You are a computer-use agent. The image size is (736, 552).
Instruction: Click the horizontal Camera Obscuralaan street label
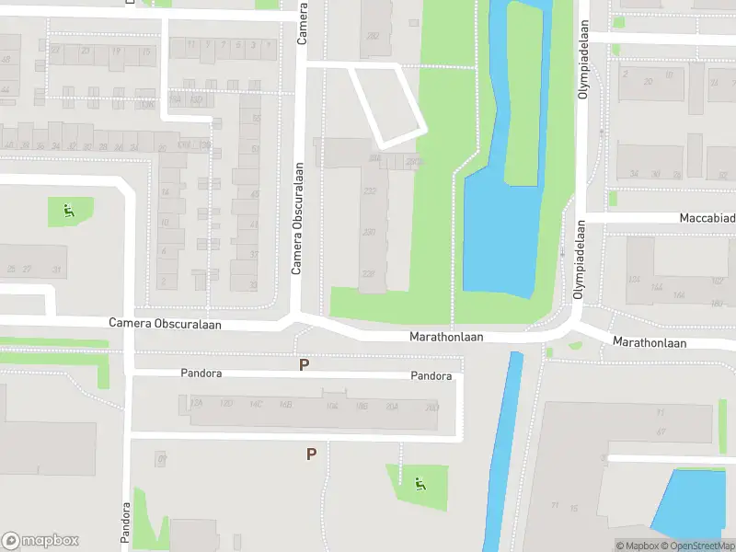click(x=166, y=324)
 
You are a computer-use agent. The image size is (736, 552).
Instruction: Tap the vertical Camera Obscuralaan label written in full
click(x=297, y=219)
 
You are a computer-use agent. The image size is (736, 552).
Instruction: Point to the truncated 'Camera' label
click(x=302, y=23)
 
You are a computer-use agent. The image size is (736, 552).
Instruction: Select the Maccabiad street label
click(x=707, y=218)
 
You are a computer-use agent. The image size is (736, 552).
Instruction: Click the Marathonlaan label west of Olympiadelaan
click(x=446, y=338)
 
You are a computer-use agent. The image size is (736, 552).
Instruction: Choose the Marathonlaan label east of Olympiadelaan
click(x=650, y=342)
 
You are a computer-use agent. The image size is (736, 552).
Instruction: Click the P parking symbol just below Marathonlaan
click(x=305, y=365)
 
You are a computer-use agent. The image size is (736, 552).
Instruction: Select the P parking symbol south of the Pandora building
click(x=311, y=454)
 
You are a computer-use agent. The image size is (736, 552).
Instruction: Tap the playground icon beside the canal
click(x=420, y=483)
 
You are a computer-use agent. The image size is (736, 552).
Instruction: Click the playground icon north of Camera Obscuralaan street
click(x=69, y=212)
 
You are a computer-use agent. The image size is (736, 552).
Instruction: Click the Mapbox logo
click(x=40, y=541)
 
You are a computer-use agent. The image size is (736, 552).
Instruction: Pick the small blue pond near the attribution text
click(x=692, y=501)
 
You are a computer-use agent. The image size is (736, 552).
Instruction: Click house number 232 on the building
click(x=370, y=190)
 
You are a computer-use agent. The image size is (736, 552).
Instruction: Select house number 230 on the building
click(x=369, y=232)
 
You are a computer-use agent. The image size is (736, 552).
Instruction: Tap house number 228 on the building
click(x=369, y=273)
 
